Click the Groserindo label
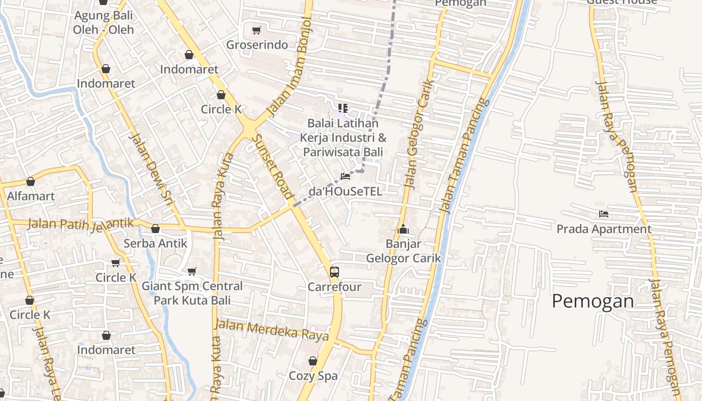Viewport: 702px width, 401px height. pos(257,45)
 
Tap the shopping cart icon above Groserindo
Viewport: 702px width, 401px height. pos(257,31)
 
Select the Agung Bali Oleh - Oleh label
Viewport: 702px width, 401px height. pos(103,23)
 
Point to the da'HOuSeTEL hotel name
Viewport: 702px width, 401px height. pos(345,191)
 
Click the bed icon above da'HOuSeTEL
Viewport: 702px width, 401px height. pos(345,176)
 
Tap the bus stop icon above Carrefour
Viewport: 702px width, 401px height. pos(334,272)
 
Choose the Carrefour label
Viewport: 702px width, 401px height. pos(334,287)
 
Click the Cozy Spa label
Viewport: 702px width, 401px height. pos(313,375)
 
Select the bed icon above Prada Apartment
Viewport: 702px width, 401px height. pos(604,214)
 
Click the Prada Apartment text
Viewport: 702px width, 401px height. pos(604,229)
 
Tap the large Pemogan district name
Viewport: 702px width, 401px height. pos(593,301)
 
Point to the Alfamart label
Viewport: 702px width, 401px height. pos(31,196)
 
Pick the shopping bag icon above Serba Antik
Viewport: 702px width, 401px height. pos(155,229)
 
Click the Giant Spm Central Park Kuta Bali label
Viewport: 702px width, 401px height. pos(192,293)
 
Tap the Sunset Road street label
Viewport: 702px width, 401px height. pos(272,168)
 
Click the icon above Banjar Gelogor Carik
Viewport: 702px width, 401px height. pos(403,230)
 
